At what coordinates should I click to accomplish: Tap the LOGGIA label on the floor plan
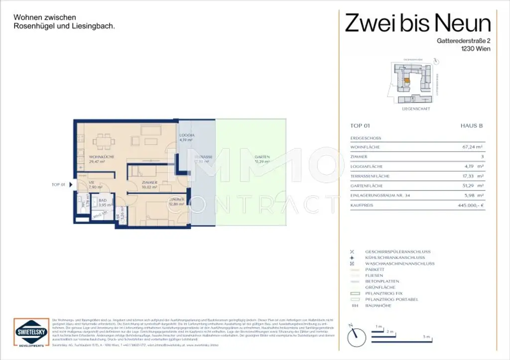tap(187, 135)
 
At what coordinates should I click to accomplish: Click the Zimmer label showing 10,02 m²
tap(149, 183)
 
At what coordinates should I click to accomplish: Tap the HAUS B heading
tap(472, 126)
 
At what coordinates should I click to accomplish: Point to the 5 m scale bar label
tap(426, 338)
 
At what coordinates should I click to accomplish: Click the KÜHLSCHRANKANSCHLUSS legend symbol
tap(352, 257)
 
